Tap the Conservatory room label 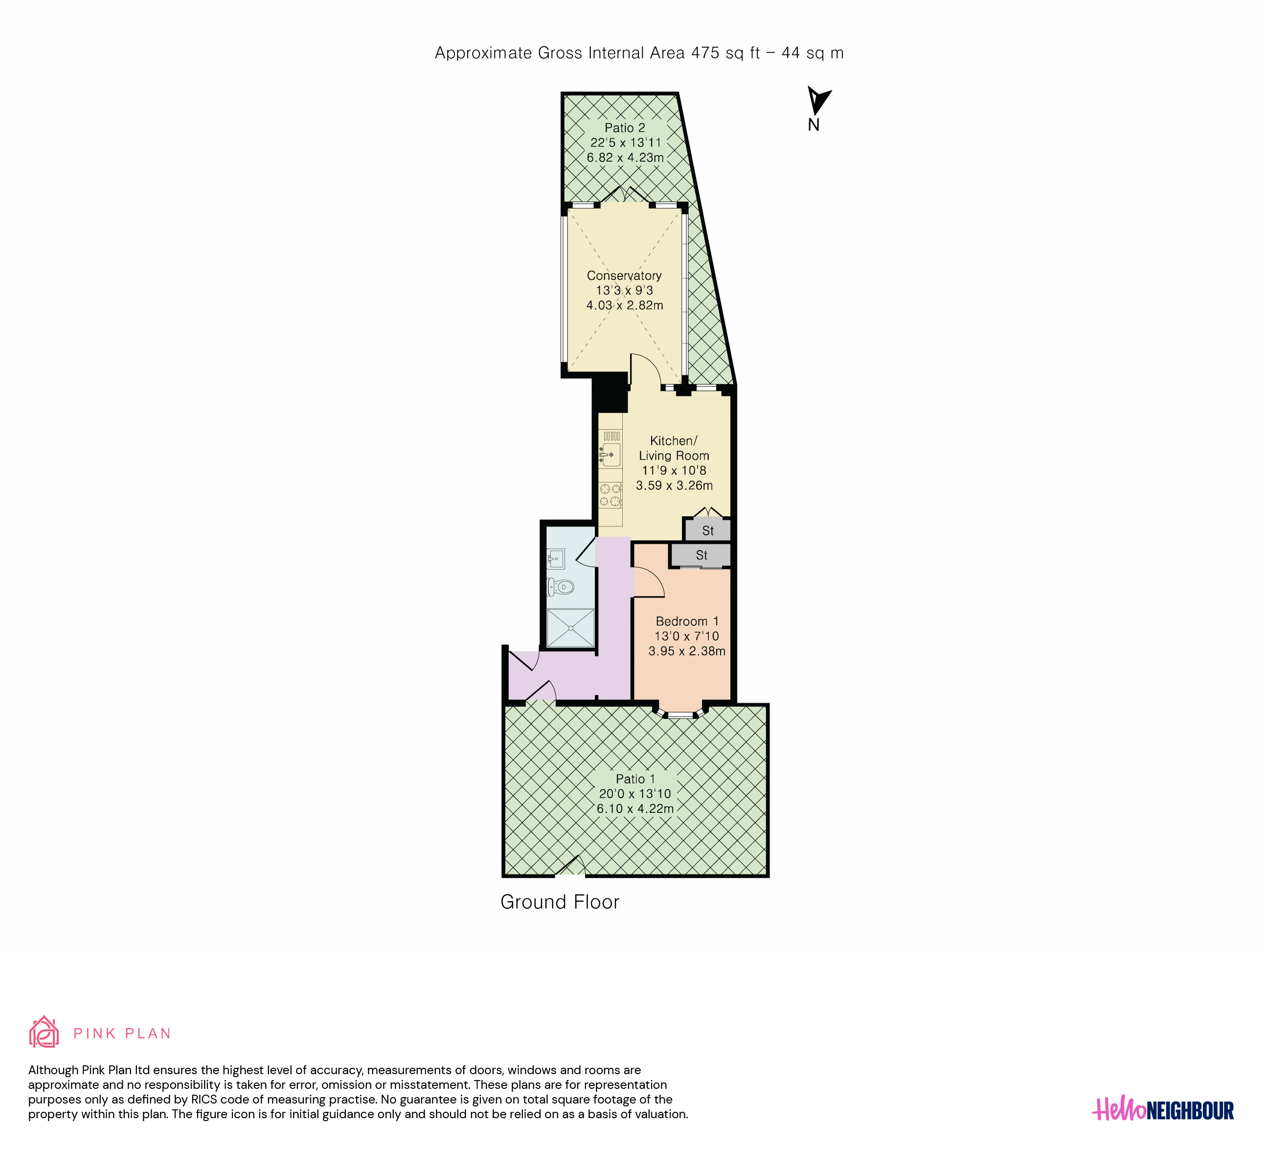pyautogui.click(x=624, y=276)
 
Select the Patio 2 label pyautogui.click(x=625, y=128)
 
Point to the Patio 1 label pyautogui.click(x=635, y=779)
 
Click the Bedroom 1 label pyautogui.click(x=687, y=621)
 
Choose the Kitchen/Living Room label pyautogui.click(x=674, y=448)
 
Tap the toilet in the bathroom pyautogui.click(x=561, y=587)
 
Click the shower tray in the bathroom pyautogui.click(x=570, y=627)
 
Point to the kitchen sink pyautogui.click(x=610, y=454)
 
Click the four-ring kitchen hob pyautogui.click(x=610, y=494)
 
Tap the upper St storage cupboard pyautogui.click(x=707, y=529)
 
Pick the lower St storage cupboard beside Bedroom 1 pyautogui.click(x=702, y=555)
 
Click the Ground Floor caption pyautogui.click(x=560, y=902)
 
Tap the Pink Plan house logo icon pyautogui.click(x=44, y=1032)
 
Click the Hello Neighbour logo pyautogui.click(x=1163, y=1110)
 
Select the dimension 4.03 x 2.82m pyautogui.click(x=625, y=305)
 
